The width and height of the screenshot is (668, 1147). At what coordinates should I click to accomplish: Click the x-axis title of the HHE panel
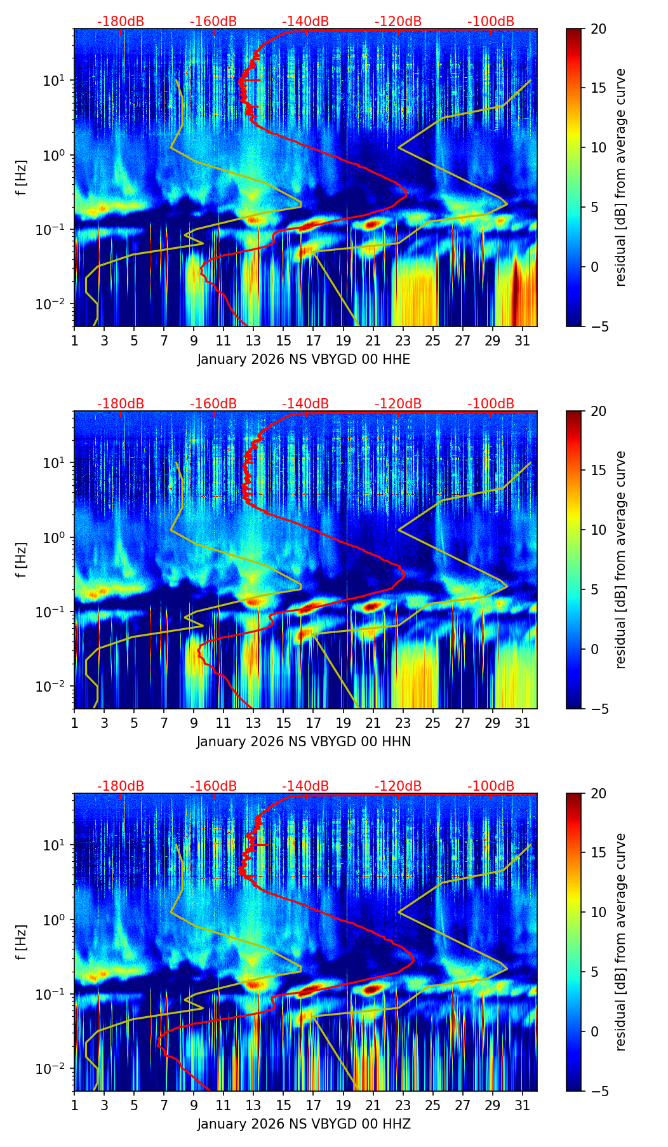pos(304,359)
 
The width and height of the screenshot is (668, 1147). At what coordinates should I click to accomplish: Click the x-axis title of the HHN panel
pos(304,742)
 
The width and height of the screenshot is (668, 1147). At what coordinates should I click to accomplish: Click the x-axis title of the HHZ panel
pos(304,1124)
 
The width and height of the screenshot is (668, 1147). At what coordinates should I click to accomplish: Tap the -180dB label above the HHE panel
pos(121,22)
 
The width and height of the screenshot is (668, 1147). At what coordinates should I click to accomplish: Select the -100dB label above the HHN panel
pos(491,404)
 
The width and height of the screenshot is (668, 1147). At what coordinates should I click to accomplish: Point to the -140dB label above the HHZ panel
pos(305,786)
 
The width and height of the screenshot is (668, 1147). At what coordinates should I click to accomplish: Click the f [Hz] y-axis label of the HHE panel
pos(22,178)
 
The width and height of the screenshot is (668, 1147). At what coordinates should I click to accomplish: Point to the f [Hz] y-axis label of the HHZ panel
pos(22,942)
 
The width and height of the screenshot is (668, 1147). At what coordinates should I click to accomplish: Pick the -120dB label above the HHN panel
pos(398,404)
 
